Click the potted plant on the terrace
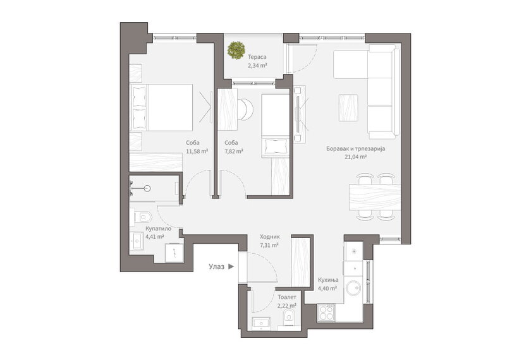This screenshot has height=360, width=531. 238,49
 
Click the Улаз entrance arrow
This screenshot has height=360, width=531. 232,267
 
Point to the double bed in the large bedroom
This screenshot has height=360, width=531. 162,107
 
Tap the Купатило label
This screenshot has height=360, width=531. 157,229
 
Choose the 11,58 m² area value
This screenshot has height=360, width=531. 197,152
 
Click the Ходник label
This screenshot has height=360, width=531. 269,237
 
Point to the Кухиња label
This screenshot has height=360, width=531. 328,280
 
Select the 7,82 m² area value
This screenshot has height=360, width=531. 234,152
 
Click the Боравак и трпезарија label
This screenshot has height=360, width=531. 355,148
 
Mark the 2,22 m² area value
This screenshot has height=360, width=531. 286,305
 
